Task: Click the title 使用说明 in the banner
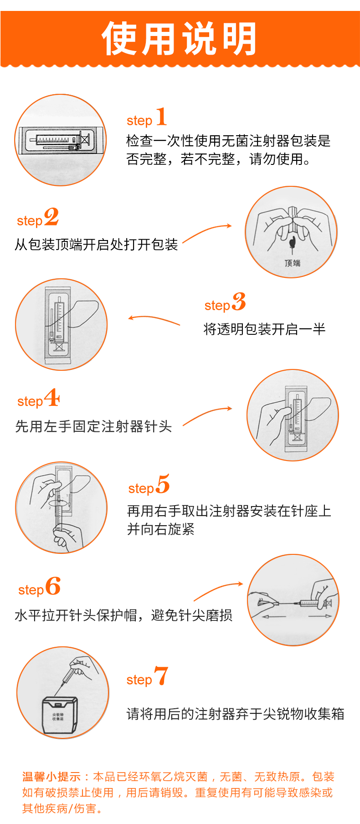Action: (x=179, y=39)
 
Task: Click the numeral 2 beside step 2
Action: (x=51, y=217)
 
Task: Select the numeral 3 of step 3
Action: (x=239, y=302)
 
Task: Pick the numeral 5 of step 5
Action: (x=163, y=484)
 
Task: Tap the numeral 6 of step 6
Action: (x=53, y=586)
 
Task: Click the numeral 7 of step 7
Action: (x=161, y=676)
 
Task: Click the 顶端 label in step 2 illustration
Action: (x=292, y=263)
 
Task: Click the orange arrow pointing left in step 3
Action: (x=154, y=320)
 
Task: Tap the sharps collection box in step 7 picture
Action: (x=59, y=715)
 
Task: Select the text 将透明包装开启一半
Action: (x=264, y=329)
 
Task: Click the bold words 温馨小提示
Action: (x=51, y=777)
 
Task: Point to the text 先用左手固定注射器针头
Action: (x=93, y=426)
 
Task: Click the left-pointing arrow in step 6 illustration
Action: (x=274, y=617)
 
